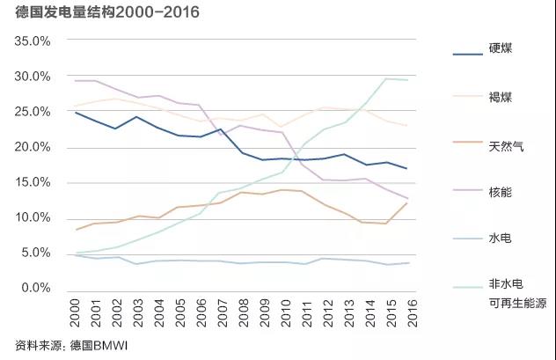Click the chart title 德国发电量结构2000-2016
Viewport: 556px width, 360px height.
107,12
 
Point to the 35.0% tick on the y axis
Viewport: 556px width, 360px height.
33,41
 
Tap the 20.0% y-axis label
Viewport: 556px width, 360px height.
33,147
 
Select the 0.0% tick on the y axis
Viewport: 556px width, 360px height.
36,288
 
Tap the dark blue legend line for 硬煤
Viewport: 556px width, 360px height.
463,55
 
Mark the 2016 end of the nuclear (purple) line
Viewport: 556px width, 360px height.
406,199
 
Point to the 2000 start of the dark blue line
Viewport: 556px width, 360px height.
77,113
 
